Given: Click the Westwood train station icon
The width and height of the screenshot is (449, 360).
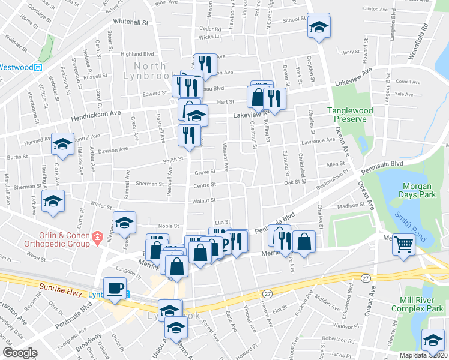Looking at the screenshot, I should [x=37, y=68].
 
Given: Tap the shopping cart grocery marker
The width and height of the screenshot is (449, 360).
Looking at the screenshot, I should [x=403, y=244].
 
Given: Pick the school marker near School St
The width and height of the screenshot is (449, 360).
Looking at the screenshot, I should [x=319, y=26].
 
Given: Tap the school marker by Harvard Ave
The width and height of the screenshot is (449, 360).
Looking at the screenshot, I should [x=62, y=144].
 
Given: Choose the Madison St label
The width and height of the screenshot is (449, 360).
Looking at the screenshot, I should [x=351, y=205].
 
